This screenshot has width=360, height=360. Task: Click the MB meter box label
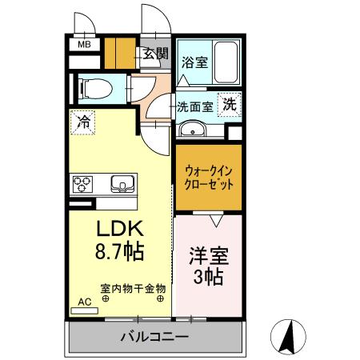(x=83, y=45)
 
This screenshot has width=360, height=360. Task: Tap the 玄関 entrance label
(x=156, y=54)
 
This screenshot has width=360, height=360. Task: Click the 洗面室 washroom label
(x=194, y=105)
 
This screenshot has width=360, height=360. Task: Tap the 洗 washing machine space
(x=230, y=104)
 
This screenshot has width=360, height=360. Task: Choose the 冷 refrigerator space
(x=83, y=122)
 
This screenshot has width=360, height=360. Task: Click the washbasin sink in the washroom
(x=191, y=130)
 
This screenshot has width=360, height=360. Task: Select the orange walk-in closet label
(x=209, y=177)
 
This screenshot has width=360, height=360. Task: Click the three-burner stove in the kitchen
(x=83, y=184)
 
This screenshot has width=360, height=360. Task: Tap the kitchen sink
(x=122, y=184)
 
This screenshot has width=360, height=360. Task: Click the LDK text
(x=119, y=227)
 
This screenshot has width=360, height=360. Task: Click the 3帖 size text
(x=208, y=278)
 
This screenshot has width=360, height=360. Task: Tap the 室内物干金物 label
(x=133, y=287)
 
